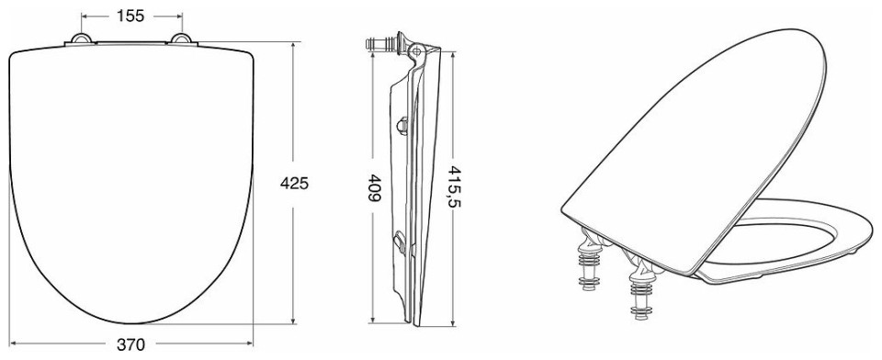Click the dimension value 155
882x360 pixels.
click(130, 16)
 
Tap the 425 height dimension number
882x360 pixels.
click(294, 183)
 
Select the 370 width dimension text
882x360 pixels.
click(131, 344)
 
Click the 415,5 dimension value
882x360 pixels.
click(455, 186)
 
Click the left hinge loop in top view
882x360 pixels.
click(82, 39)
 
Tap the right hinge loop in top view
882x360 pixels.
click(181, 39)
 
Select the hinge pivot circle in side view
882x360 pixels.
click(415, 51)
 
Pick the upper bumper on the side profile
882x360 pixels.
click(402, 125)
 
